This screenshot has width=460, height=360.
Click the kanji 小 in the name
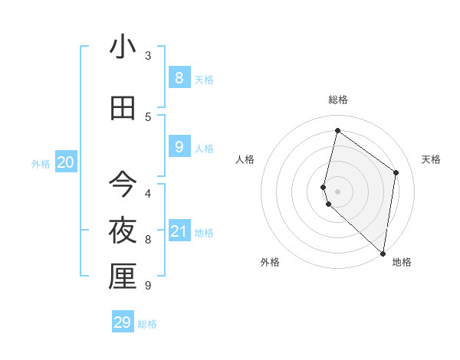coord(123,47)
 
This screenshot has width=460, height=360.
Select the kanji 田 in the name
coord(123,109)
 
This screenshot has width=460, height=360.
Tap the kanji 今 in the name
coord(123,184)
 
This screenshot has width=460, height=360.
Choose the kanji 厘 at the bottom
coord(123,277)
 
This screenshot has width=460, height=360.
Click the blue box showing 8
coord(179,77)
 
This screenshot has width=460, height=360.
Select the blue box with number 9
coord(179,146)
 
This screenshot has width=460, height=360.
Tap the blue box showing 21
coord(179,231)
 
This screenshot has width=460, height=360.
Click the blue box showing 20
coord(66,162)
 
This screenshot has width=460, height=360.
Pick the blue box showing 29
coord(123,322)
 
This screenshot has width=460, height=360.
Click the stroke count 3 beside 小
coord(148,56)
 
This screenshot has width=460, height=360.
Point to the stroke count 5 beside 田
coord(148,117)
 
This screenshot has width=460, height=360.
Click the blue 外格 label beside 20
coord(41,163)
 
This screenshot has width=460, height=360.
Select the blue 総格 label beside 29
coord(147,324)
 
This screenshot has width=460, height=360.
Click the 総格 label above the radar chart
coord(338,100)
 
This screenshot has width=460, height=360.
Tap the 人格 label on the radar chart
coord(245,159)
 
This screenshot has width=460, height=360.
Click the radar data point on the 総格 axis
coord(337,131)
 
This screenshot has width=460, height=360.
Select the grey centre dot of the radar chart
coord(338,191)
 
